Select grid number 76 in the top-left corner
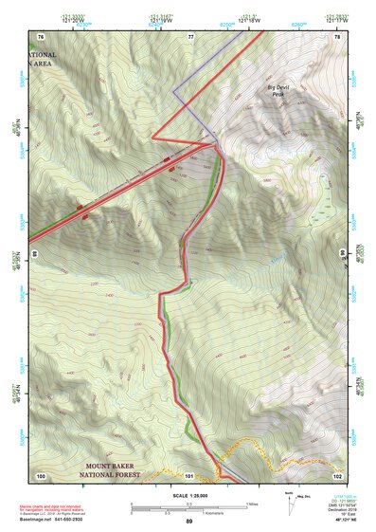click(x=41, y=37)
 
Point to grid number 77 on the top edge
click(x=190, y=37)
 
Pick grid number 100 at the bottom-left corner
click(x=41, y=474)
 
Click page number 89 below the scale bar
click(x=188, y=522)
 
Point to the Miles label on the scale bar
click(x=252, y=504)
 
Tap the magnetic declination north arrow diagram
click(x=295, y=504)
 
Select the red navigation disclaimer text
click(x=57, y=500)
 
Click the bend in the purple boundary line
click(x=173, y=91)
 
